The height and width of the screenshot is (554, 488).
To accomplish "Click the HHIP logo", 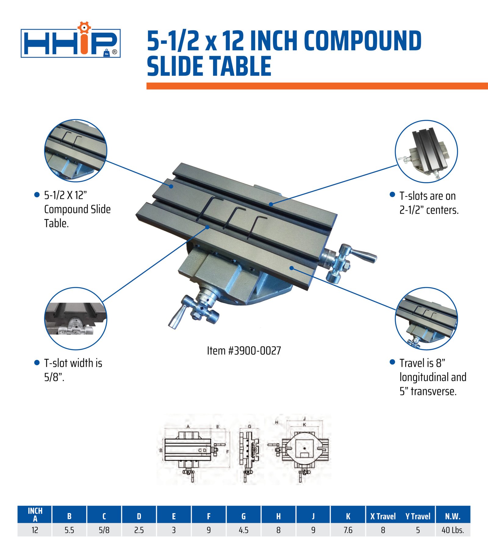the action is point(71,40).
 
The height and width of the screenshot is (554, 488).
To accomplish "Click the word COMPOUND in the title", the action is point(363,41).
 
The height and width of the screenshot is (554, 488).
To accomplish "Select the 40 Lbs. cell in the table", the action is point(453,530).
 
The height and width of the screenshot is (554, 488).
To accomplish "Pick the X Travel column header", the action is point(383,516).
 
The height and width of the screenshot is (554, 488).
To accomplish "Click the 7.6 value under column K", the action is point(348,530).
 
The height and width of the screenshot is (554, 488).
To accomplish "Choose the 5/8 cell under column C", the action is point(104,530).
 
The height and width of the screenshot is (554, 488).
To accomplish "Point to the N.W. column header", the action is point(453,516).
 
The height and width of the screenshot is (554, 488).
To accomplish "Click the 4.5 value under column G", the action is point(243,530).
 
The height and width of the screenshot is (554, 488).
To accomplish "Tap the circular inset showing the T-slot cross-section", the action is point(76,319).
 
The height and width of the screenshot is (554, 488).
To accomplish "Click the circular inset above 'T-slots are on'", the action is point(426,151).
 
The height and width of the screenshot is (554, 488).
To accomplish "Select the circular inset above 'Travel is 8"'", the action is point(426,319).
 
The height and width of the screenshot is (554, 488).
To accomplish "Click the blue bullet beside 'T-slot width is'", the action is point(37,363).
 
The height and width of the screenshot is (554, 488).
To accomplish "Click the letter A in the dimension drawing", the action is point(188,427).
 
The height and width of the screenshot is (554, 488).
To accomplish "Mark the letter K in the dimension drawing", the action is point(304,425).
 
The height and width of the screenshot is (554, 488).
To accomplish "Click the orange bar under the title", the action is point(317,86).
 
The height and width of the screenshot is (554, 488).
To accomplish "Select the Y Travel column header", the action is point(418,516).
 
